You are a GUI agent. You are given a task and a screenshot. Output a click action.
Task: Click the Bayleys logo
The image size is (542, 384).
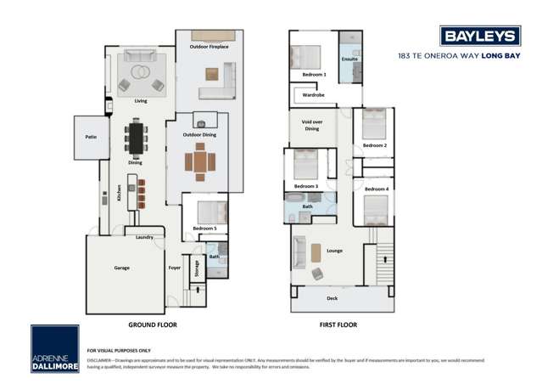480,35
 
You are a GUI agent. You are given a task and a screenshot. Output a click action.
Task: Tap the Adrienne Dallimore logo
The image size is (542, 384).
54,348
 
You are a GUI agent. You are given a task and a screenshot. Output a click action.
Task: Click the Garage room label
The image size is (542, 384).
121,267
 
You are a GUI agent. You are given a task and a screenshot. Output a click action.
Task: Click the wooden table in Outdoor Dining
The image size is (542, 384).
200,161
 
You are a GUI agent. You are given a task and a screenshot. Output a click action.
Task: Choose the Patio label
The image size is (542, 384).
90,136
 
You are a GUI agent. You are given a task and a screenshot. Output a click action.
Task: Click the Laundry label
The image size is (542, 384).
144,237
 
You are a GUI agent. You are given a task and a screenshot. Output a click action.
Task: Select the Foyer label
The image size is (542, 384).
174,267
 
